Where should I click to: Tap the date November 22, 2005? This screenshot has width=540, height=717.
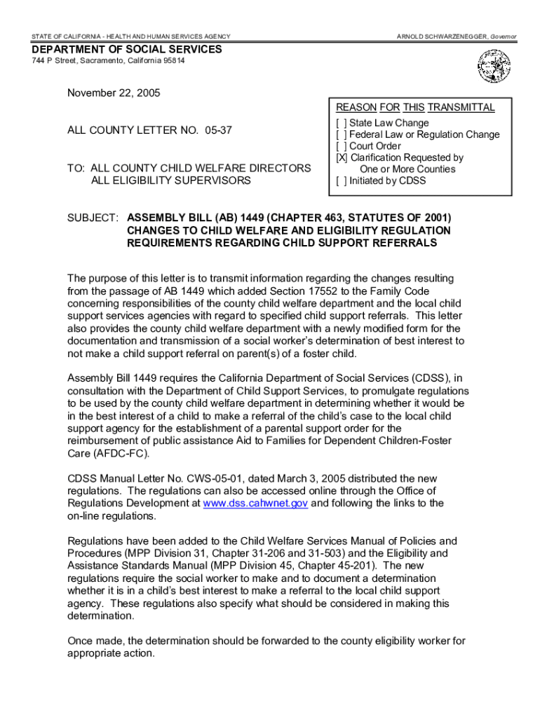click(x=114, y=93)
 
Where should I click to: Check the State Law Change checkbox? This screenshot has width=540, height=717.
click(x=342, y=123)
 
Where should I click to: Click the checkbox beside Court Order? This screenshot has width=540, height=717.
click(x=342, y=146)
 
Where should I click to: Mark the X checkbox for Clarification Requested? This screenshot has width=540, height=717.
click(x=342, y=158)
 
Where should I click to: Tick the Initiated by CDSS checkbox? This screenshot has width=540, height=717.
click(x=342, y=181)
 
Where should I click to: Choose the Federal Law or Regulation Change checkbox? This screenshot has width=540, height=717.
click(x=342, y=134)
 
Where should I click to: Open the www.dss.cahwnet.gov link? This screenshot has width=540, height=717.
click(x=255, y=503)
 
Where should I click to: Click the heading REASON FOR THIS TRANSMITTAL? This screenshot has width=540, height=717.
click(x=415, y=108)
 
